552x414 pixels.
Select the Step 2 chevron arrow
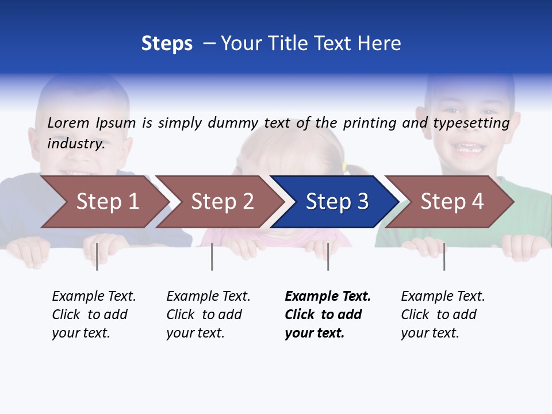[220, 201]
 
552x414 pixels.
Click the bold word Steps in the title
[167, 43]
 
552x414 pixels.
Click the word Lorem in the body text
[68, 122]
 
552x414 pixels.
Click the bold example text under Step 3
[327, 315]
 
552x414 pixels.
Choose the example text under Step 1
[93, 315]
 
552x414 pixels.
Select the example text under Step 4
[442, 315]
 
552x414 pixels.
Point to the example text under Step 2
[208, 315]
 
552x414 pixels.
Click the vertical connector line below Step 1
[97, 256]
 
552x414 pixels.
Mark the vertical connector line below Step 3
[328, 256]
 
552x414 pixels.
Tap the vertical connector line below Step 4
[444, 256]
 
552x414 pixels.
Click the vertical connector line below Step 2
[212, 256]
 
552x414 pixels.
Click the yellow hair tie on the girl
[345, 167]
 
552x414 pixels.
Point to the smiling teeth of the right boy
[470, 148]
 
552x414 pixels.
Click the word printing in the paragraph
[368, 122]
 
